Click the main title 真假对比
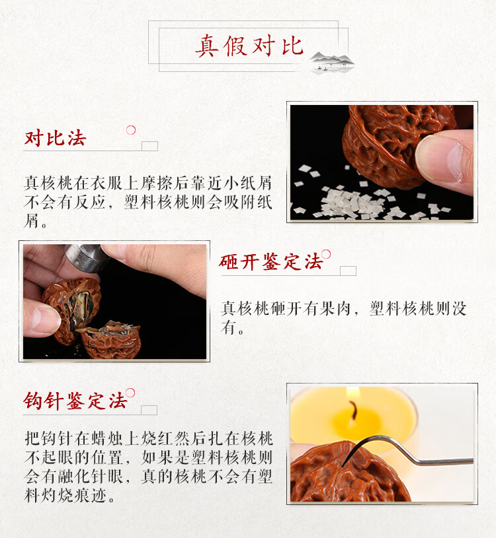249,46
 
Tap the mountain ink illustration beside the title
333,62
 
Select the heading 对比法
56,138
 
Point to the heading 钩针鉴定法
75,400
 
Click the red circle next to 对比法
131,130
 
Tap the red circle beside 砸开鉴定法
326,254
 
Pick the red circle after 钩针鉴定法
130,393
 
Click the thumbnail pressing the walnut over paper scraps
382,162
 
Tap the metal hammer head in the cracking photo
87,257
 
